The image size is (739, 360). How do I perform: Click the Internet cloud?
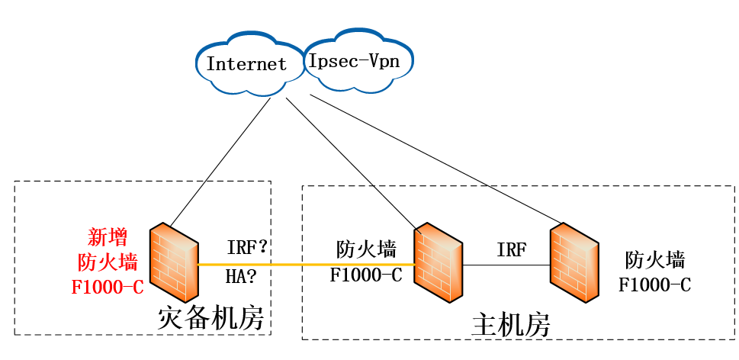point(246,63)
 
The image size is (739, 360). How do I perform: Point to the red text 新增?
point(108,236)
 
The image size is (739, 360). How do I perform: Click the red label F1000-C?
point(108,287)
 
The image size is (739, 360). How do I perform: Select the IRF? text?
point(246,248)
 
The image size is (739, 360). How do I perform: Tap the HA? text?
point(240,275)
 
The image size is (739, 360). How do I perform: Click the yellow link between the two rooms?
point(305,265)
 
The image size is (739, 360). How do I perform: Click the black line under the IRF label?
point(507,265)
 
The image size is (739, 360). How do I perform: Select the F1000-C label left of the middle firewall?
point(365,275)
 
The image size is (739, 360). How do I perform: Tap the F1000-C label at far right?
point(654,285)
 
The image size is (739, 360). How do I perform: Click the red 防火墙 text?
point(108,262)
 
